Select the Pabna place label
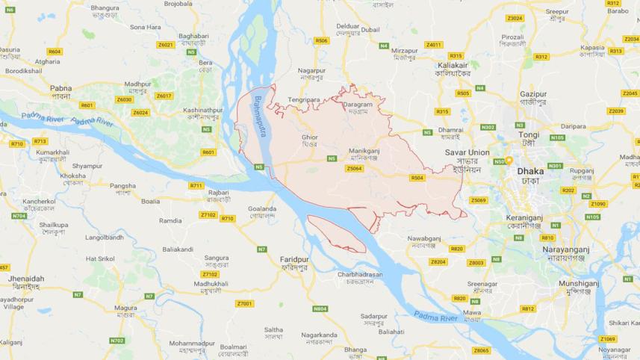tap(60, 88)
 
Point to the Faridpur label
tap(284, 258)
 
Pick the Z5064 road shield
tap(355, 169)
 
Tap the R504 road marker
tap(417, 178)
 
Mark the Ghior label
tap(309, 137)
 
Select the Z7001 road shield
tap(244, 303)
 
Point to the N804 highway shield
tap(320, 308)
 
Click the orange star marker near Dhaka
tap(509, 161)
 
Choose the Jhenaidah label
tap(26, 279)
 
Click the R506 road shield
tap(322, 40)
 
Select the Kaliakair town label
tap(453, 65)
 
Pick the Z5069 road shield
tap(478, 200)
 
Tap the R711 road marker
tap(196, 185)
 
